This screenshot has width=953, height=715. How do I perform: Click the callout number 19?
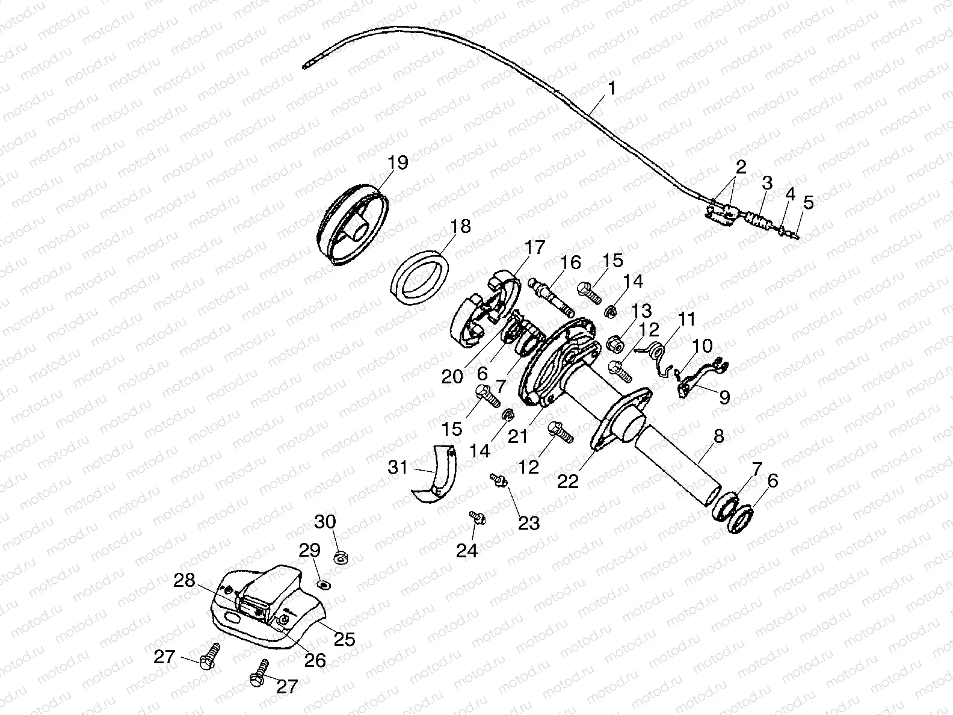pos(398,162)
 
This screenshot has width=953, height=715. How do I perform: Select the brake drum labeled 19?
pos(353,227)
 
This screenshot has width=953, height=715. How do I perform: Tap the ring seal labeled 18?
pos(421,274)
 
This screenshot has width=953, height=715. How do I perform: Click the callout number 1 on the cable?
pos(611,88)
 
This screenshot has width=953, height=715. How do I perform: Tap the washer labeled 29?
pos(324,584)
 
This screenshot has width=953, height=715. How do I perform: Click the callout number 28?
pos(184,581)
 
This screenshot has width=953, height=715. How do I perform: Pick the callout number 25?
pos(344,639)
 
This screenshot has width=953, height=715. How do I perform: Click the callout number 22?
pos(568,481)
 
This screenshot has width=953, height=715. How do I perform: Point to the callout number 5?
pos(808,202)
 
